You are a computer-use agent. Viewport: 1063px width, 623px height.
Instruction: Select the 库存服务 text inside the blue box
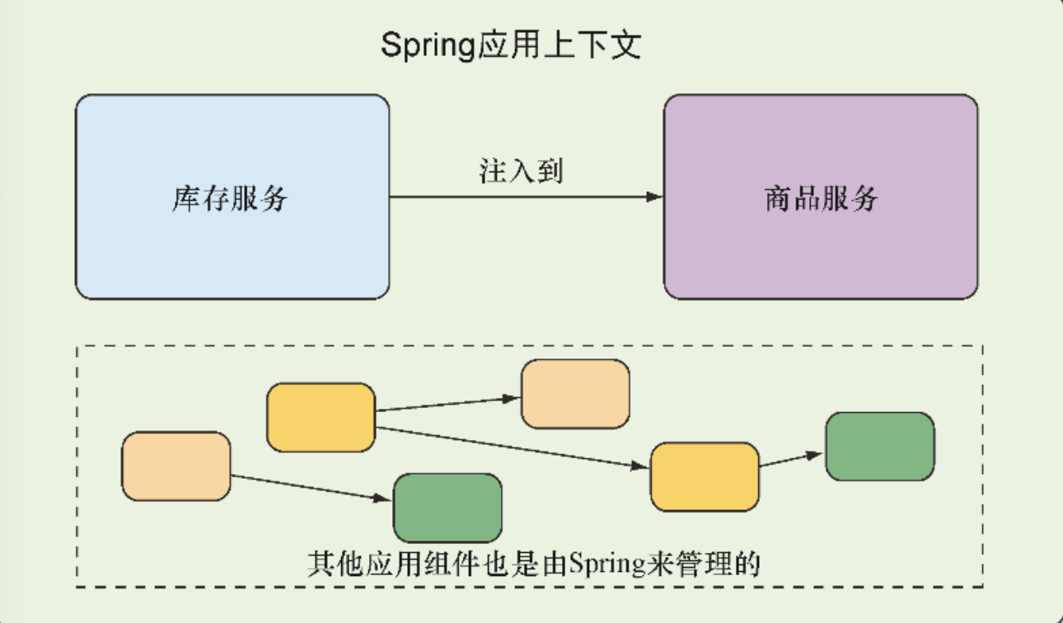coord(230,199)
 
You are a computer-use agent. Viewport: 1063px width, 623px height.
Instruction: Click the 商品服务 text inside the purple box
coord(821,199)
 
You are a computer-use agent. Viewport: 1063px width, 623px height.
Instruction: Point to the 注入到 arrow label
coord(521,171)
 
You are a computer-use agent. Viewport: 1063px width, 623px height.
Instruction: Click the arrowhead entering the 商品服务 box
coord(655,197)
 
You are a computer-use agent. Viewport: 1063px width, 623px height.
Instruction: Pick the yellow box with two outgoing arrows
coord(321,417)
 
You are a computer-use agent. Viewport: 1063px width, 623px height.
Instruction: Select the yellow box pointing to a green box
coord(704,476)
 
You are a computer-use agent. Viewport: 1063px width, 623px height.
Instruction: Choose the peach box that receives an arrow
coord(575,394)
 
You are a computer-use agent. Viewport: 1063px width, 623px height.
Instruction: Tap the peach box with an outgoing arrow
coord(176,466)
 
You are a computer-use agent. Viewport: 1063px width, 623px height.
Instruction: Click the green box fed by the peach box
coord(447,507)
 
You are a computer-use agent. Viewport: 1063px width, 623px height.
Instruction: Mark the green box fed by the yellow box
coord(879,446)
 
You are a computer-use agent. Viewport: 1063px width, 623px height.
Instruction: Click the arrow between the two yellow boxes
coord(511,447)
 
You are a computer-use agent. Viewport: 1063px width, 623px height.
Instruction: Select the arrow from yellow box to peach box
coord(447,404)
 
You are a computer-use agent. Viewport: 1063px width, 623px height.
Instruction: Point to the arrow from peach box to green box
coord(311,488)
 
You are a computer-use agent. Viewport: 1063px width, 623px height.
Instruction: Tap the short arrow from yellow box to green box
coord(791,459)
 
